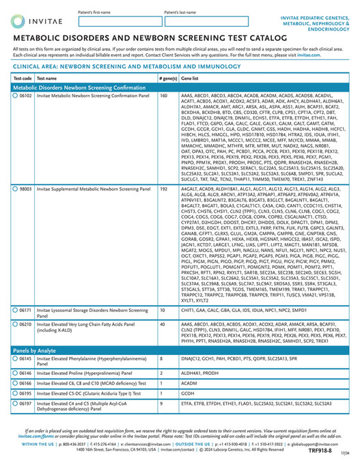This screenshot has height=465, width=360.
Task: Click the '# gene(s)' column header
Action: pos(167,79)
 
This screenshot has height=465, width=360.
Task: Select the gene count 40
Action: pos(162,324)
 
